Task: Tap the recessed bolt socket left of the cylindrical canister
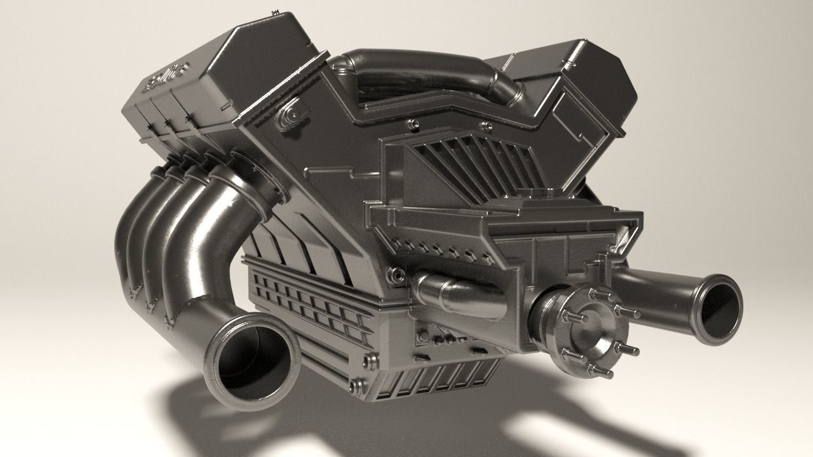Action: tap(399, 275)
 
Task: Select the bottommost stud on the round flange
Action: tap(600, 371)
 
